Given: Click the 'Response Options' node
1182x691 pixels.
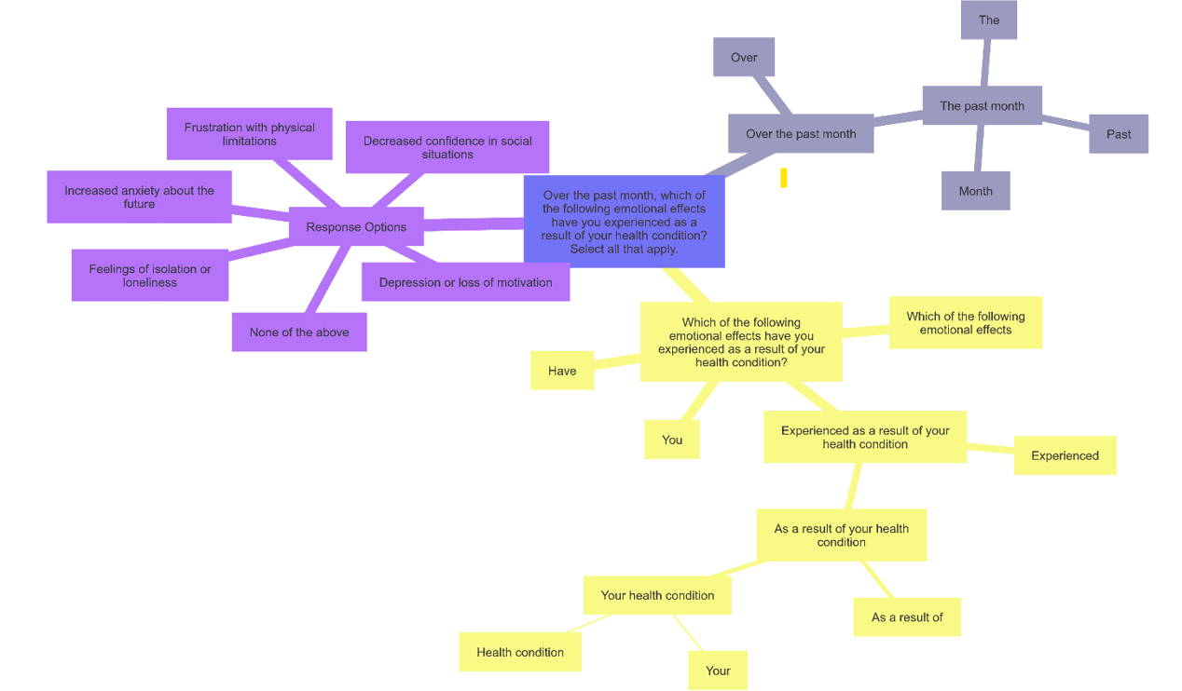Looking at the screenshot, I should [356, 226].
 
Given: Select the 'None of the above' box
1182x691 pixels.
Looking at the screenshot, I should [299, 332].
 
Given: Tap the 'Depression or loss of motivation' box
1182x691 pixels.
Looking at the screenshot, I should [465, 282].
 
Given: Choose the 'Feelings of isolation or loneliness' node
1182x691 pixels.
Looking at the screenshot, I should [150, 276].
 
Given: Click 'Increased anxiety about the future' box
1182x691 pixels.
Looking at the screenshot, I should [139, 196].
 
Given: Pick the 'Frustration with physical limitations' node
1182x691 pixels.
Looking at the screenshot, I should [249, 134].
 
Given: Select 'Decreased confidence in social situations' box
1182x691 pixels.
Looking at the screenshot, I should [447, 147].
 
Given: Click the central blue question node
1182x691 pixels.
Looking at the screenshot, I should [624, 222].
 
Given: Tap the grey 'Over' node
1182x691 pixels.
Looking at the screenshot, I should [744, 57].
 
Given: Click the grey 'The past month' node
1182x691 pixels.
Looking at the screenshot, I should [982, 105].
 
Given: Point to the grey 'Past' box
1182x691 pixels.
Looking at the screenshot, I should [1119, 134].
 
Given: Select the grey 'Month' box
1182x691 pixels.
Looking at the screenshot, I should [975, 191].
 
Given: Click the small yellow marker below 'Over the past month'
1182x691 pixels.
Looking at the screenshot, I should [784, 178].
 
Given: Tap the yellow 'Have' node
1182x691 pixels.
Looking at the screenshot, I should [562, 371].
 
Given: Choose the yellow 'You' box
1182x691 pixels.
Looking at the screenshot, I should [672, 440].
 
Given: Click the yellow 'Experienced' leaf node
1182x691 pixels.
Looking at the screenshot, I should [1065, 455].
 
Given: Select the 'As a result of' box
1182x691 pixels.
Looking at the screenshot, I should [907, 616].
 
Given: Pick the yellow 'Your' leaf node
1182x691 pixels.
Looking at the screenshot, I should [718, 671].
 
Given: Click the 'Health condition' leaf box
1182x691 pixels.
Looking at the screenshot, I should [520, 652].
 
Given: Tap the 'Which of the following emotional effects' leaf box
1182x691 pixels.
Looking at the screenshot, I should [966, 322].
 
